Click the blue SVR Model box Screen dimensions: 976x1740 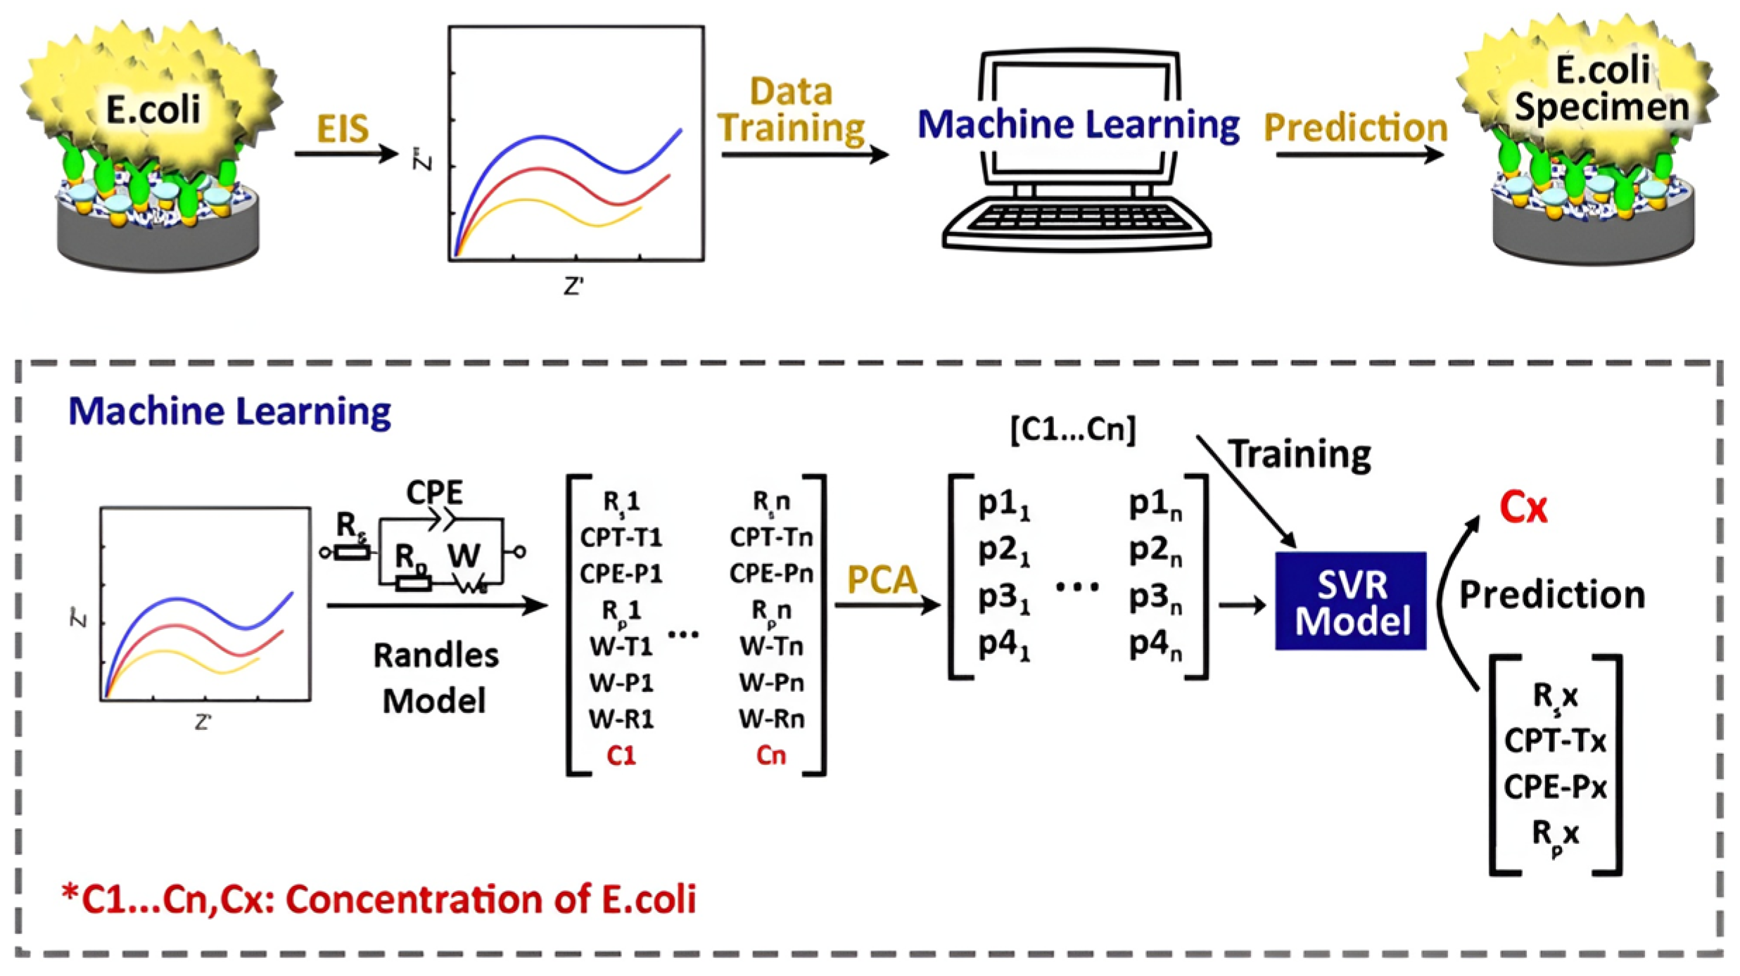click(1350, 601)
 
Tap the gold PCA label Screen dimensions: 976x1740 click(882, 581)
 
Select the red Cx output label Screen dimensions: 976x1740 click(1523, 507)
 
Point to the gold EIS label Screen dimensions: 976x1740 click(343, 129)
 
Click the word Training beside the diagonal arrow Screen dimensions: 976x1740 click(1300, 454)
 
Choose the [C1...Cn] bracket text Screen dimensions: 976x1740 click(1073, 429)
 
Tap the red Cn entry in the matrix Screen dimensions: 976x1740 click(770, 755)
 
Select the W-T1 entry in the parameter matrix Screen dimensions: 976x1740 click(621, 646)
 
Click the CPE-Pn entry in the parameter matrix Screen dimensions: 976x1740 click(771, 574)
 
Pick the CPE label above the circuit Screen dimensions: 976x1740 click(435, 492)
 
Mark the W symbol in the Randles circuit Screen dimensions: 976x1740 click(464, 556)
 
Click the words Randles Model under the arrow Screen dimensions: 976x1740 click(436, 678)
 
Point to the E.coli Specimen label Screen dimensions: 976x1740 click(1601, 89)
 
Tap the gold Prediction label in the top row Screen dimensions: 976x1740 click(1355, 128)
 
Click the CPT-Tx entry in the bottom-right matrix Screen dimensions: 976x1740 click(1555, 740)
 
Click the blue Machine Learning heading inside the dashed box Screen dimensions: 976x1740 click(229, 411)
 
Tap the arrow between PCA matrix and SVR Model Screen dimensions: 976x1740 click(1242, 605)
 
